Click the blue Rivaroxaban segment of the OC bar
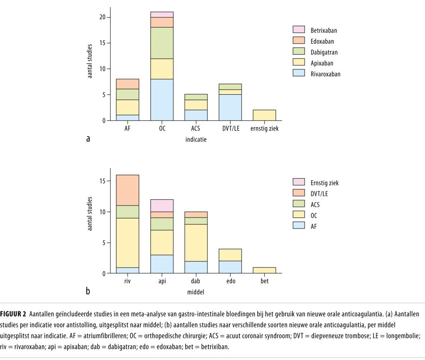click(x=162, y=100)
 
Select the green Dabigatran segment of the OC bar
click(x=162, y=43)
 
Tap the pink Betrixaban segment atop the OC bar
click(x=162, y=15)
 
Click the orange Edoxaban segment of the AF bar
click(x=128, y=84)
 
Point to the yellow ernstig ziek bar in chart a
click(x=265, y=115)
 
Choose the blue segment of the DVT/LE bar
click(x=230, y=107)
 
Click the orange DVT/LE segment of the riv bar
click(x=128, y=190)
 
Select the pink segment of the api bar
click(x=162, y=206)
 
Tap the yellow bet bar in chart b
click(x=265, y=270)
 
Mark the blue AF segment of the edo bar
click(x=230, y=267)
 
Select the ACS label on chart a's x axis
click(x=196, y=129)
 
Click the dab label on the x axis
click(x=196, y=282)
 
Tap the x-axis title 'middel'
click(x=196, y=291)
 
